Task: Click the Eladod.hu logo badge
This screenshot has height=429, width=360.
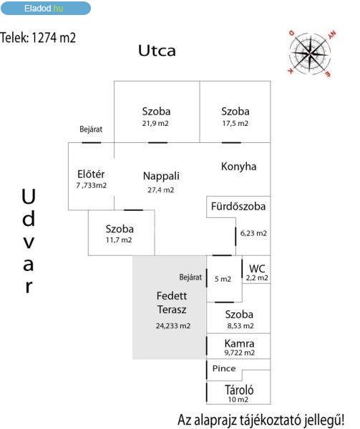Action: click(46, 8)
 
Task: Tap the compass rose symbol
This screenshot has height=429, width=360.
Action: click(310, 52)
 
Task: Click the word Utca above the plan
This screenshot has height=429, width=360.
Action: click(157, 51)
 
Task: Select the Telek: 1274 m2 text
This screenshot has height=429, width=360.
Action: click(38, 37)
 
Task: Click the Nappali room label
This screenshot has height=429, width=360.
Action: click(161, 176)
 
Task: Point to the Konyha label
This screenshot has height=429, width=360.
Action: click(239, 167)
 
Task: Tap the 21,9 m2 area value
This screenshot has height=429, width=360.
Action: click(155, 124)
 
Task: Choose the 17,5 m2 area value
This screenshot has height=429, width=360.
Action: click(235, 124)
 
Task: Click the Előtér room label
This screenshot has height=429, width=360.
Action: click(91, 174)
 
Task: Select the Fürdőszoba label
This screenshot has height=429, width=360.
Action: click(238, 207)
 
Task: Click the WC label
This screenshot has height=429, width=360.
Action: click(257, 268)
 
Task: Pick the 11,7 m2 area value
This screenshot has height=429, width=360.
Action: click(119, 240)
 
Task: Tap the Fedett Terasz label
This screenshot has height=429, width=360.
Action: click(172, 302)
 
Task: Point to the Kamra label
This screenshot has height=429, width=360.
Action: click(239, 343)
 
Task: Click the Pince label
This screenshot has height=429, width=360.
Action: click(224, 368)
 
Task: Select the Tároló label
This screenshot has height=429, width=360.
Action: click(239, 390)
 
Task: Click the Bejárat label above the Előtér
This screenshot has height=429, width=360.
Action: click(91, 129)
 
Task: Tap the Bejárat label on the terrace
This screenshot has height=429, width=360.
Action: click(190, 277)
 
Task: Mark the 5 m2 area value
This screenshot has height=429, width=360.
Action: click(223, 279)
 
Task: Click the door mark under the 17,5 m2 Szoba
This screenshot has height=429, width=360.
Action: click(231, 142)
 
